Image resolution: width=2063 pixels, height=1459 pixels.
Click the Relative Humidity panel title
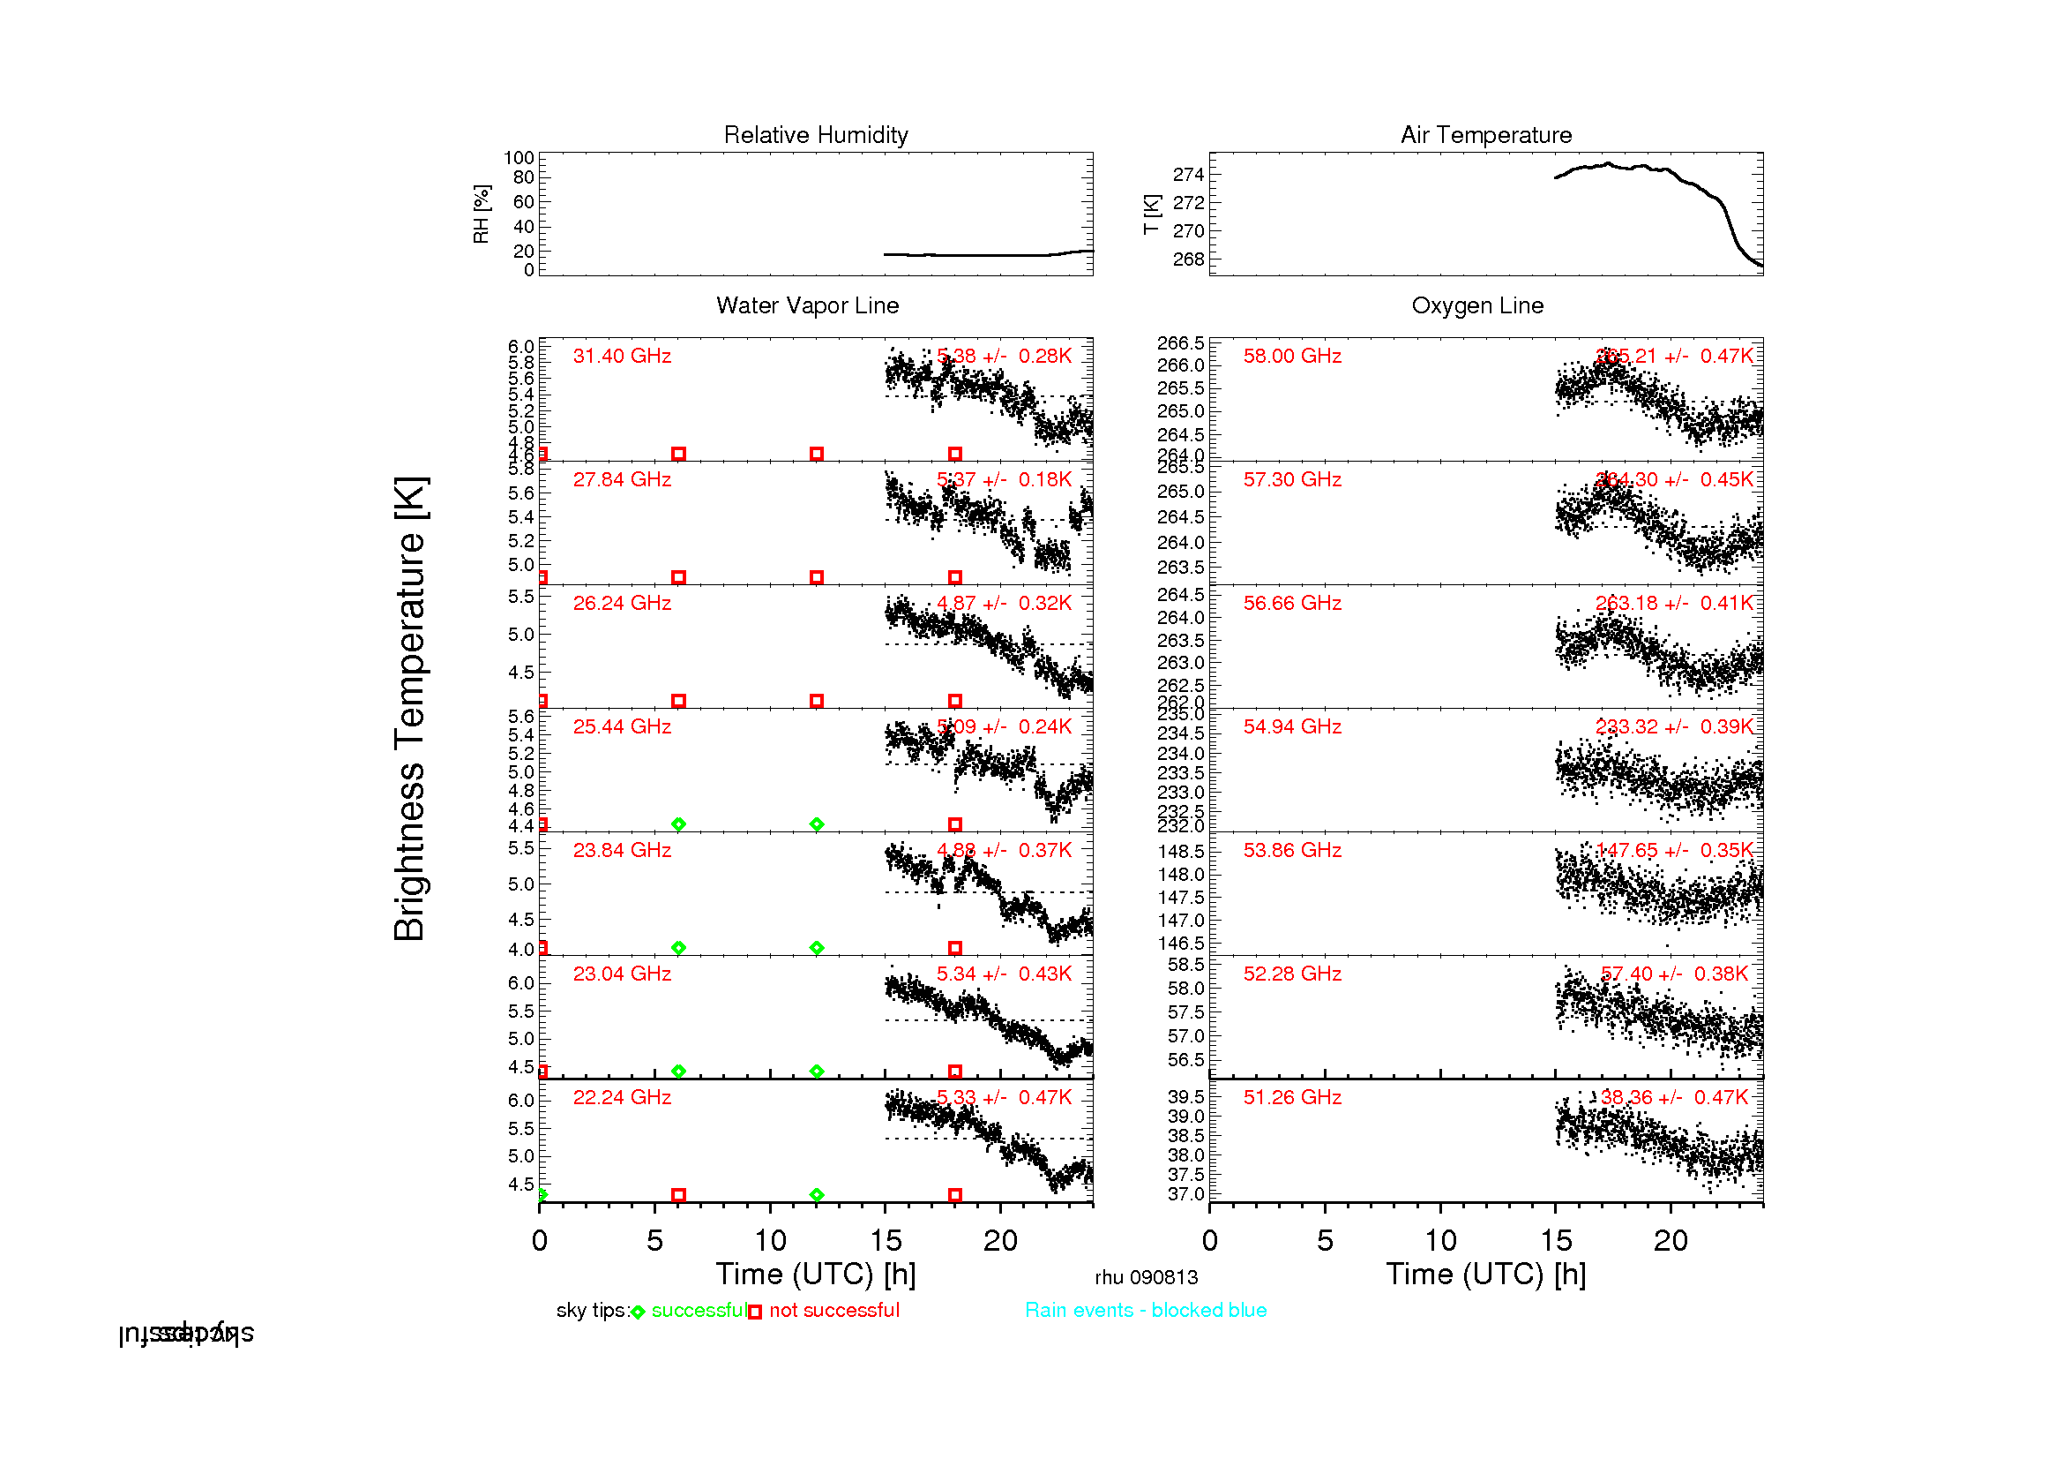point(816,135)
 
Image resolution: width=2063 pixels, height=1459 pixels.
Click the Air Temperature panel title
point(1486,135)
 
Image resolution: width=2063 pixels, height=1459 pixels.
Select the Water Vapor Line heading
point(807,305)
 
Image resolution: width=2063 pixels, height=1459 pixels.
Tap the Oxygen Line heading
point(1477,305)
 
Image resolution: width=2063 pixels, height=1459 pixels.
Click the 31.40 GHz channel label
point(622,356)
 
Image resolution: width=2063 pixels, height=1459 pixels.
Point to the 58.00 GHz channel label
point(1292,356)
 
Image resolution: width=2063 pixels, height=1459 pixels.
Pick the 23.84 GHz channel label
point(622,850)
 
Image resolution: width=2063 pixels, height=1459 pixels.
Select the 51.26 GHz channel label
point(1292,1098)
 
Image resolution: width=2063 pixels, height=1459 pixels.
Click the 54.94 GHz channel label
point(1292,727)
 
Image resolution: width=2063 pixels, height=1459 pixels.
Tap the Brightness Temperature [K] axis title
point(410,709)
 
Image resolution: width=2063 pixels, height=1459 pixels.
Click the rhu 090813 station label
point(1146,1277)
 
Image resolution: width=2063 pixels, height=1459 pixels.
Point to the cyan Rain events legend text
point(1146,1311)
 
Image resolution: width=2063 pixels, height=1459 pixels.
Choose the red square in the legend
point(755,1312)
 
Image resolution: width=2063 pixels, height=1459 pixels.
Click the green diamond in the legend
point(638,1312)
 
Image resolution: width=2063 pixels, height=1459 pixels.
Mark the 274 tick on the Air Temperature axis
point(1188,175)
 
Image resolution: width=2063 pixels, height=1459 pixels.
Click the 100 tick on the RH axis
point(519,158)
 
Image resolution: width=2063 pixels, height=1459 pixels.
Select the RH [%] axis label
point(482,214)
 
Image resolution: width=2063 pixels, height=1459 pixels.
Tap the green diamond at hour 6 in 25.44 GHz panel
point(678,824)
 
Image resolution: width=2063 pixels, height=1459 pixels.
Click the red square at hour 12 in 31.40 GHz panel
point(816,454)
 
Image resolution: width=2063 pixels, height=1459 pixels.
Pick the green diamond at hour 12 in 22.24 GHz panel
point(816,1196)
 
